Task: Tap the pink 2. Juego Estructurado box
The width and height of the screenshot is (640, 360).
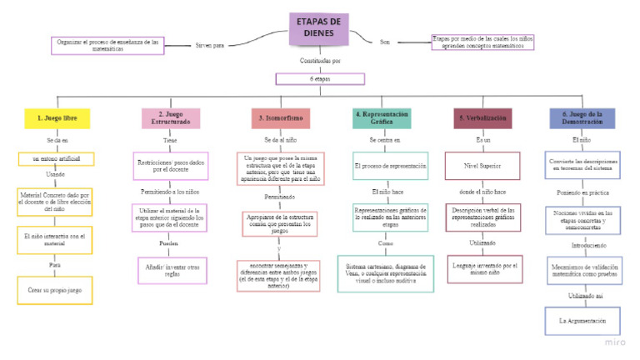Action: (x=170, y=118)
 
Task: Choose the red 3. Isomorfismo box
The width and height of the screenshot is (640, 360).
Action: (x=281, y=118)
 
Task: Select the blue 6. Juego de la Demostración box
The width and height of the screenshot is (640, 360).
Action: (x=582, y=118)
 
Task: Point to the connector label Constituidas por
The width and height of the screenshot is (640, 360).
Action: (x=317, y=61)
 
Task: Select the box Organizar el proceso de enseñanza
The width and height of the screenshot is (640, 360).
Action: (x=107, y=44)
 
